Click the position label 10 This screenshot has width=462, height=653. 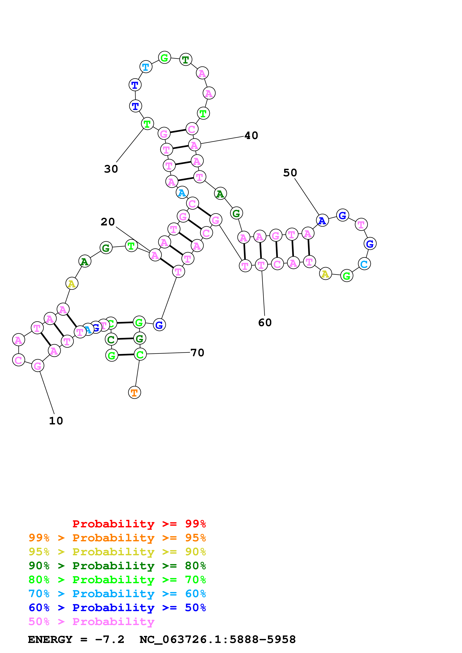[x=56, y=421]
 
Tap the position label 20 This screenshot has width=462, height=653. [x=108, y=222]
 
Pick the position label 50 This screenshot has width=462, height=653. [x=290, y=173]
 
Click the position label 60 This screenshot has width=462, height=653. [x=265, y=323]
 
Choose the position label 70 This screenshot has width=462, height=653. [x=197, y=353]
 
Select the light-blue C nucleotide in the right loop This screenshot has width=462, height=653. [x=364, y=264]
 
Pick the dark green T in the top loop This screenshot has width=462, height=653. [x=186, y=59]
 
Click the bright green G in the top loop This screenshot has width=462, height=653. [x=164, y=58]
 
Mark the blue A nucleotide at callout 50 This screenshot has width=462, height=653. [x=322, y=220]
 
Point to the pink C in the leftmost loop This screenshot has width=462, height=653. [x=18, y=360]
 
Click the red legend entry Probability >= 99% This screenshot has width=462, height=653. [x=139, y=524]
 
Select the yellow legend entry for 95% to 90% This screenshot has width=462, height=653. [x=117, y=552]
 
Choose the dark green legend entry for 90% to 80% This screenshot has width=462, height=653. [x=117, y=566]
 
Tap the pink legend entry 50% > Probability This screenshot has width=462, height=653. [x=91, y=622]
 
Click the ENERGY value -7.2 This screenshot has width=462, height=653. [x=110, y=640]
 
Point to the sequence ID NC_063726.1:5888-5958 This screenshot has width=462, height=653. [x=217, y=640]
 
